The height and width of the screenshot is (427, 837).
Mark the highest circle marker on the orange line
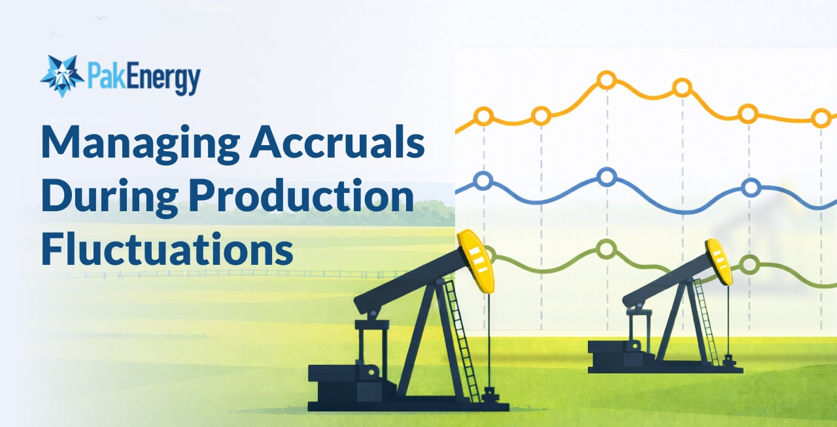(607, 80)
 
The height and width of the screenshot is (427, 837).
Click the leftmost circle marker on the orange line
(483, 117)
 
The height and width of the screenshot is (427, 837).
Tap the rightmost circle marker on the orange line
(821, 118)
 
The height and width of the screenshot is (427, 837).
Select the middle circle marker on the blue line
(607, 177)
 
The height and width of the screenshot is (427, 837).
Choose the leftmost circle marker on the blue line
(483, 180)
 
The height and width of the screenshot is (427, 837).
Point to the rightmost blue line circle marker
(751, 188)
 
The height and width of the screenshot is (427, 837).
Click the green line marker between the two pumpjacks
(607, 249)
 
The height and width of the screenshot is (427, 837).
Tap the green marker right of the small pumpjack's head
(749, 265)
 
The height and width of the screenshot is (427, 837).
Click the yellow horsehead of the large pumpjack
(476, 260)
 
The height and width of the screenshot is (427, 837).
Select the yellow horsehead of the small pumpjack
(719, 261)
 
